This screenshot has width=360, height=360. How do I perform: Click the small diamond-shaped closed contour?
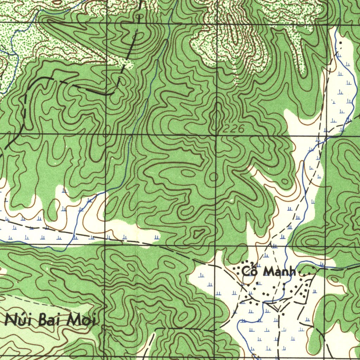199,232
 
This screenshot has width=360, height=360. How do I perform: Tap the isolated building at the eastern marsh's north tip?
340,43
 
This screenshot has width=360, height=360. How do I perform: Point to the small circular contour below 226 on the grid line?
213,176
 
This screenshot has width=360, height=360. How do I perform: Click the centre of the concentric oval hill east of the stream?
311,242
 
